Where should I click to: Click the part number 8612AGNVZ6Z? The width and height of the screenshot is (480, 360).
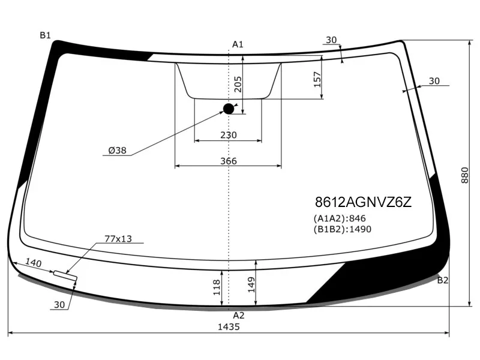pyautogui.click(x=364, y=202)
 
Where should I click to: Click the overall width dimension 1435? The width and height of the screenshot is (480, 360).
pyautogui.click(x=229, y=327)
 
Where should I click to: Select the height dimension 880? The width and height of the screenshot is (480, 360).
pyautogui.click(x=464, y=175)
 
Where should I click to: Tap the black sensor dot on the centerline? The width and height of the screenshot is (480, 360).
pyautogui.click(x=229, y=109)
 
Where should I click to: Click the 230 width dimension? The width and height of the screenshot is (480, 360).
pyautogui.click(x=229, y=135)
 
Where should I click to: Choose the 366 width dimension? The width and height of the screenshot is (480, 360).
pyautogui.click(x=229, y=161)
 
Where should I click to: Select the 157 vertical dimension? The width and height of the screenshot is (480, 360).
pyautogui.click(x=317, y=78)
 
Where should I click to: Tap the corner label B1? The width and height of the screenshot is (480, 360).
pyautogui.click(x=46, y=35)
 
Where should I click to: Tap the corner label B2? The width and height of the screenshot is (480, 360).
pyautogui.click(x=443, y=280)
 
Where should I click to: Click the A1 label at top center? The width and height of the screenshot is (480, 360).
pyautogui.click(x=238, y=44)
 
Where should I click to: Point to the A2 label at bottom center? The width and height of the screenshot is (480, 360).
pyautogui.click(x=238, y=315)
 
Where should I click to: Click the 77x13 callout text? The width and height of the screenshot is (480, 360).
pyautogui.click(x=118, y=239)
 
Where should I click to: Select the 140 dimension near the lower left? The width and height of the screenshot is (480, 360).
pyautogui.click(x=34, y=263)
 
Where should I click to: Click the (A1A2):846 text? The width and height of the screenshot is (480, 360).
pyautogui.click(x=340, y=218)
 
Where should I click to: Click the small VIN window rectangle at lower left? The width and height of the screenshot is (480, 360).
pyautogui.click(x=65, y=275)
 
